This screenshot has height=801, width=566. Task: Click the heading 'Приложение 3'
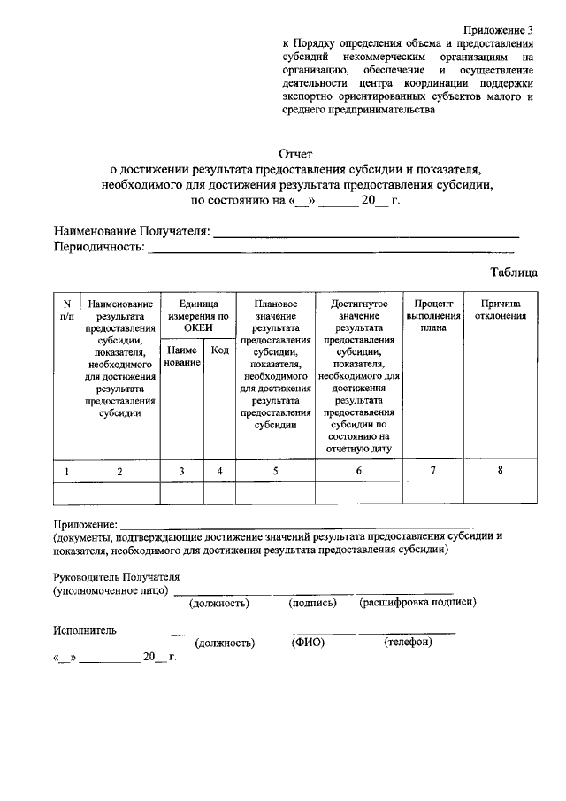[501, 30]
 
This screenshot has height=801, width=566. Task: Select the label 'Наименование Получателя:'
[132, 232]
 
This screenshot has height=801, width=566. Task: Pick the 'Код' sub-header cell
[220, 351]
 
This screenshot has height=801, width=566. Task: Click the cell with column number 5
[275, 471]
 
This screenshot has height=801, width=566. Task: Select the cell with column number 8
[500, 471]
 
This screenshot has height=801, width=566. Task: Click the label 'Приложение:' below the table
[85, 525]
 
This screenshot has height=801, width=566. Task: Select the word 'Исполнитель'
[84, 630]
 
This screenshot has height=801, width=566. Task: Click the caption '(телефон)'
[408, 642]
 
